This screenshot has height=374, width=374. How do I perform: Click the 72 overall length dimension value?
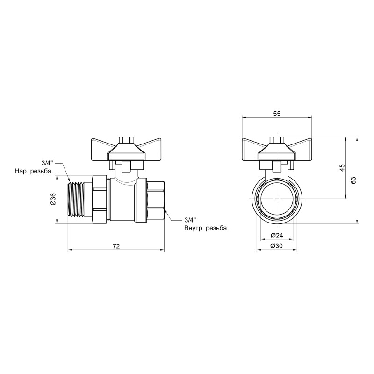[x=116, y=246]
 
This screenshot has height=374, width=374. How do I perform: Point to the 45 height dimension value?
[x=342, y=168]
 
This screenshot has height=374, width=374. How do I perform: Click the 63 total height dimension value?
[x=354, y=180]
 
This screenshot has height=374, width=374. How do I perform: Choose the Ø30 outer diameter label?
[x=277, y=247]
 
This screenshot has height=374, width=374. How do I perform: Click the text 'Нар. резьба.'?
[x=34, y=172]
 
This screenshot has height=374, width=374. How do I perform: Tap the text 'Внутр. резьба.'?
[x=206, y=229]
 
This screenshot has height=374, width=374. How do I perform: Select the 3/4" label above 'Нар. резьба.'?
[x=47, y=163]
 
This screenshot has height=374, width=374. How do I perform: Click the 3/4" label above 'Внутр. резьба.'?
[x=190, y=220]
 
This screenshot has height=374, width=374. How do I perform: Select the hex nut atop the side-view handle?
[x=125, y=140]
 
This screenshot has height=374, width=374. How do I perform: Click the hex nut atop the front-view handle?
[x=277, y=140]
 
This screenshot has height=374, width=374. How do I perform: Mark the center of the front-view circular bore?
[x=277, y=199]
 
